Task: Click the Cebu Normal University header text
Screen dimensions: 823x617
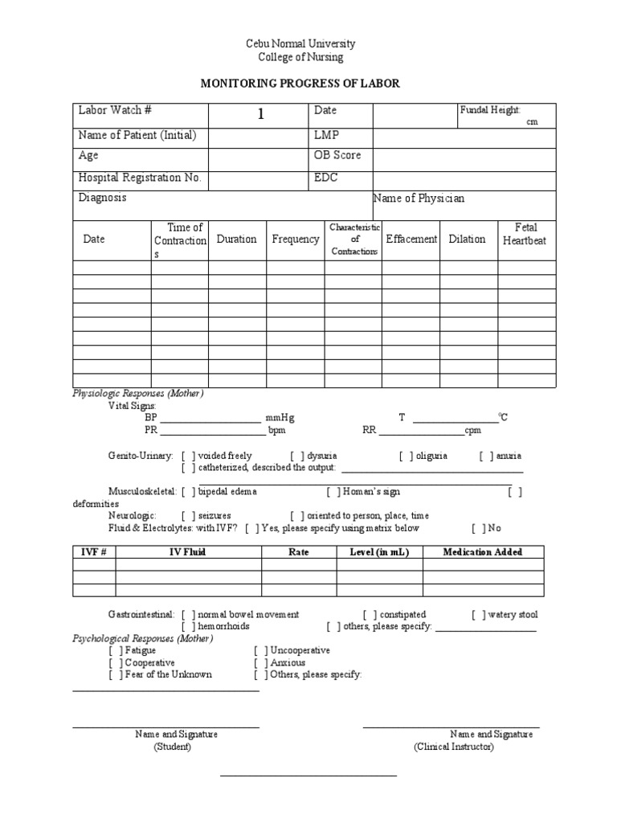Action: (300, 43)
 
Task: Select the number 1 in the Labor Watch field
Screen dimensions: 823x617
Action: (260, 115)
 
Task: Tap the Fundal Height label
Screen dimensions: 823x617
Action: (490, 109)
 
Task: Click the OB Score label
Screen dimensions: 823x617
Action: (337, 155)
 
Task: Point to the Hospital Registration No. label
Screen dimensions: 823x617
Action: (140, 178)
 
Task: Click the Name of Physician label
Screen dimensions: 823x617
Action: (419, 198)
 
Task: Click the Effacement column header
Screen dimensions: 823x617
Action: (411, 239)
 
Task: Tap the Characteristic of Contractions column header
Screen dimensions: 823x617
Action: (354, 240)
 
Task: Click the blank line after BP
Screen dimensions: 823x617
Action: (210, 418)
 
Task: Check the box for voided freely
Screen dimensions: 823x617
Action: (186, 456)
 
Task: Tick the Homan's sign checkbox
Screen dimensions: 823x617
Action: (332, 491)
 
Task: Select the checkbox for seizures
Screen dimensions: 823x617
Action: (186, 515)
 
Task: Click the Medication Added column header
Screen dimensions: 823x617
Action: (483, 552)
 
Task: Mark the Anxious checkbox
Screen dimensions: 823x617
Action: (260, 663)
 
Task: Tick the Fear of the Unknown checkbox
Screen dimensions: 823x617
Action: (116, 675)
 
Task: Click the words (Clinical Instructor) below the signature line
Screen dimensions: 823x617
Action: (454, 747)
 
